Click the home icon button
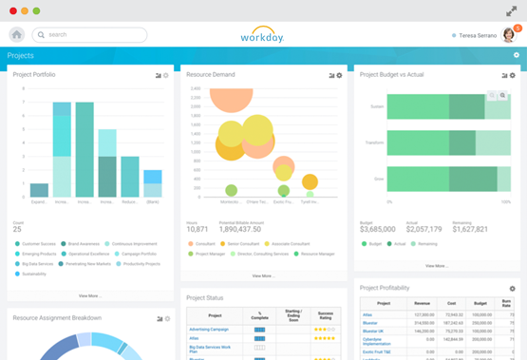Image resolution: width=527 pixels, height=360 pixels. pos(17,35)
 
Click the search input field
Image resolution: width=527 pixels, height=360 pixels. pos(90,35)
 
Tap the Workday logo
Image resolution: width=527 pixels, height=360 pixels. pos(263,34)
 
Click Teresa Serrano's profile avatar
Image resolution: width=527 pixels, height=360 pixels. pos(509,35)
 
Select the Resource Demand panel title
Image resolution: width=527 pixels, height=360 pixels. pos(212,74)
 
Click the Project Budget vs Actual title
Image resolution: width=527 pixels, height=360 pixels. pos(391,74)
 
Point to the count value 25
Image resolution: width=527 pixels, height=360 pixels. pos(17,230)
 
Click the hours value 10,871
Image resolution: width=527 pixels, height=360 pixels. pos(198,229)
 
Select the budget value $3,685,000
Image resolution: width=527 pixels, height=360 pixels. pos(378,229)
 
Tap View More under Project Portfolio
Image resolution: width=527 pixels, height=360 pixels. pos(89,295)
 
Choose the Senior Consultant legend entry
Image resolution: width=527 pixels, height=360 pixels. pos(245,244)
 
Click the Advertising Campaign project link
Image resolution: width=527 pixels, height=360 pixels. pos(208,329)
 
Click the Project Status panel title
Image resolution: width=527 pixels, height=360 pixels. pos(205,296)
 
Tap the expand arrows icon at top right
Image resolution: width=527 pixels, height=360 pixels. pos(512,10)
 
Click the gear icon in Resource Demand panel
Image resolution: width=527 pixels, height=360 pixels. pos(339,75)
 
